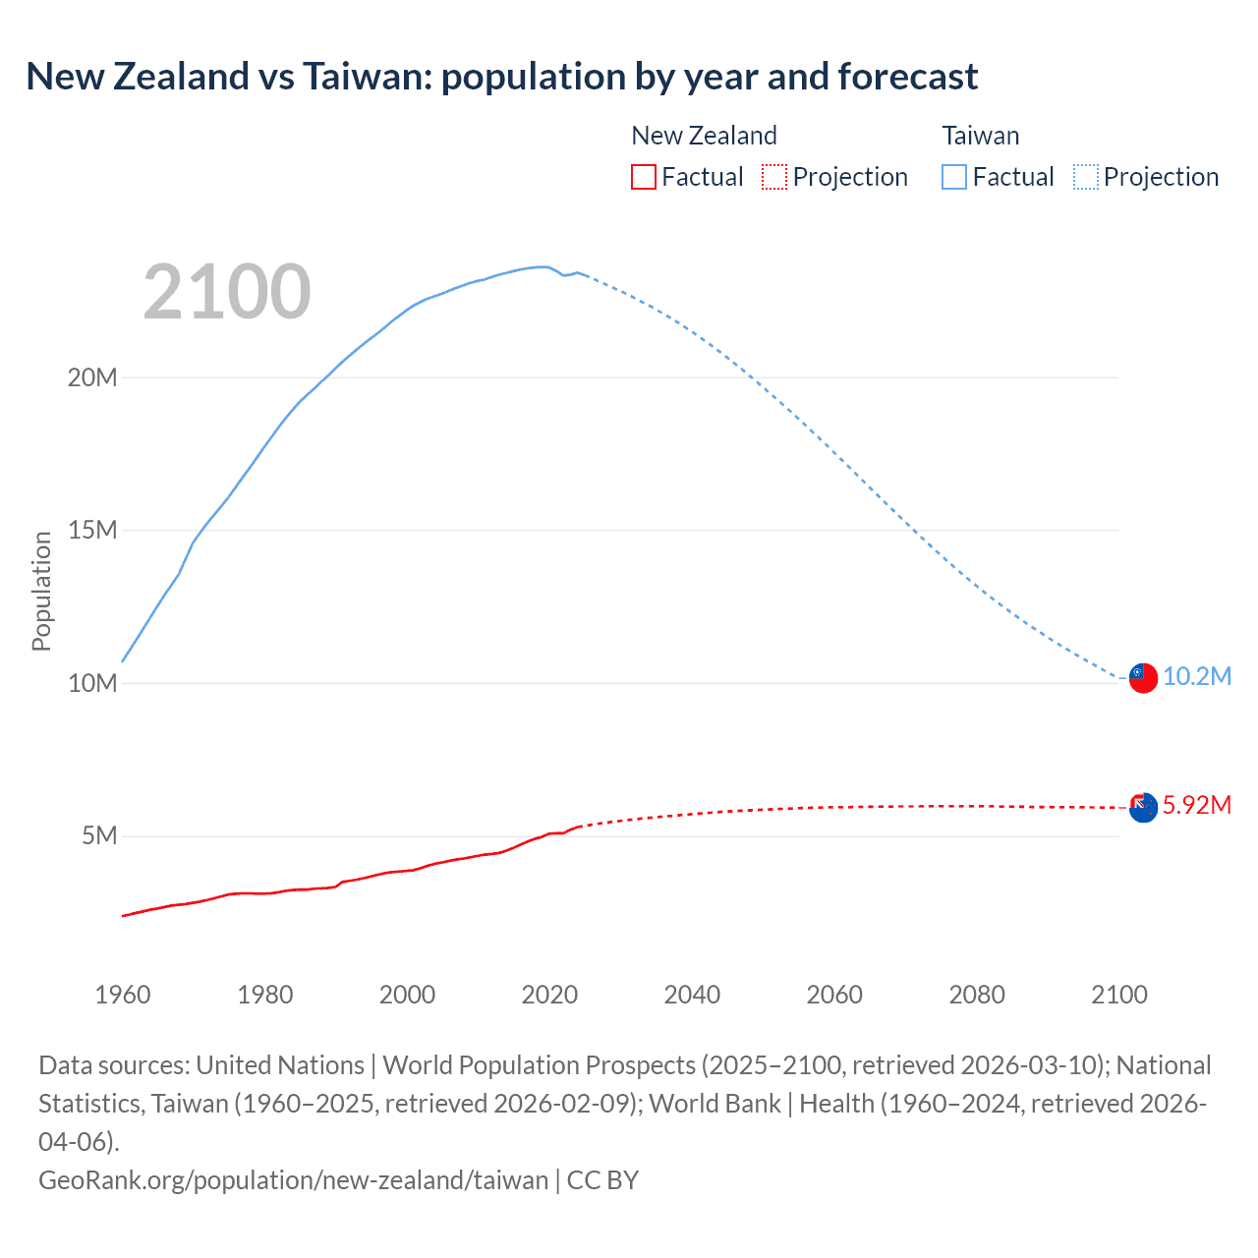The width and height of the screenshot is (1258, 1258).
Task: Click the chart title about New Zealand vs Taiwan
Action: coord(501,77)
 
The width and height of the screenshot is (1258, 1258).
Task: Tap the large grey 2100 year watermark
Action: coord(227,292)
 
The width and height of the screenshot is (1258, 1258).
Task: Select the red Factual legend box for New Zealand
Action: coord(644,177)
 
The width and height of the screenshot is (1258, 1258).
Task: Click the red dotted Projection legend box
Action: coord(774,177)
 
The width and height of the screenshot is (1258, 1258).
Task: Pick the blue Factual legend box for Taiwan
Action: coord(954,177)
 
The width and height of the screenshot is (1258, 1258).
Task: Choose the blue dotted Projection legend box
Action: coord(1086,177)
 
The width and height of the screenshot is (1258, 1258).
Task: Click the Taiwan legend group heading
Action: coord(980,136)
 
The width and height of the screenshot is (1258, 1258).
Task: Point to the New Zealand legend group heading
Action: coord(704,136)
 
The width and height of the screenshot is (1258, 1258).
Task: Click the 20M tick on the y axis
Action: coord(92,377)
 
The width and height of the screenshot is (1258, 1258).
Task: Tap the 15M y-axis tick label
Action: coord(92,531)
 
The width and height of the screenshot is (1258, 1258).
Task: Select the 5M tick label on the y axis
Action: coord(99,836)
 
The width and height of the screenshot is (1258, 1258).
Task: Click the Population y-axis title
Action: coord(41,591)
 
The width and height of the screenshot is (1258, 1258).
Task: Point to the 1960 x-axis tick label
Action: coord(123,995)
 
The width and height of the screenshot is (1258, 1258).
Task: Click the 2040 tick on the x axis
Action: coord(692,995)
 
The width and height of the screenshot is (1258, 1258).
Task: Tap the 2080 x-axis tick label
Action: coord(977,995)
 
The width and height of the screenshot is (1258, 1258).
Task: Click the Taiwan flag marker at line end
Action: coord(1143,678)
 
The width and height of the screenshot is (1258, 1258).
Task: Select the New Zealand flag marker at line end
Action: coord(1143,808)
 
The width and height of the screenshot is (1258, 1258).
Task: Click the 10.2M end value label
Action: coord(1197,677)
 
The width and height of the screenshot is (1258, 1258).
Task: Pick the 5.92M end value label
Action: coord(1197,806)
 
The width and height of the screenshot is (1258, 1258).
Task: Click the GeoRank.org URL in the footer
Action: coord(293,1180)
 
